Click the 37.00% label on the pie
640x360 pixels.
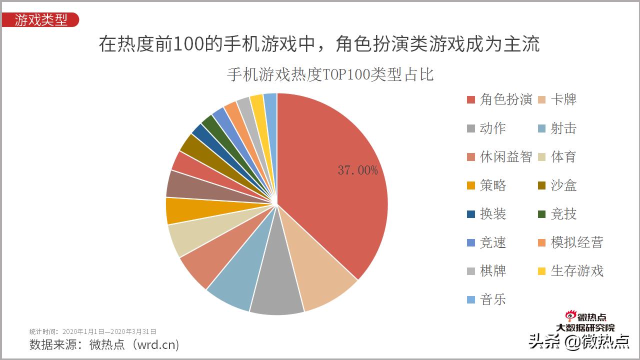pyautogui.click(x=357, y=170)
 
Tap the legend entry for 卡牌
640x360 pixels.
pyautogui.click(x=557, y=99)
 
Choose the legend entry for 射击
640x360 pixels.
pyautogui.click(x=557, y=128)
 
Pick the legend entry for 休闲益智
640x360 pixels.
pyautogui.click(x=499, y=157)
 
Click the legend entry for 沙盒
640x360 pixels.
pyautogui.click(x=557, y=185)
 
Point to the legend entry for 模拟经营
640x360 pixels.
pyautogui.click(x=570, y=242)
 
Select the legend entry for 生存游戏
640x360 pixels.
pyautogui.click(x=570, y=271)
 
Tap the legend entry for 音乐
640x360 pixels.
pyautogui.click(x=486, y=299)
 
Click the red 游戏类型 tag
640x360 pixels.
pyautogui.click(x=40, y=20)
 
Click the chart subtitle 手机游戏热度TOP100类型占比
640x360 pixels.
pyautogui.click(x=330, y=74)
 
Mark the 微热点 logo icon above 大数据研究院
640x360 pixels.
pyautogui.click(x=570, y=316)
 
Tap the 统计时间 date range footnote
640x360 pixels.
pyautogui.click(x=93, y=331)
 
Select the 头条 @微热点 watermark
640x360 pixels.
pyautogui.click(x=579, y=341)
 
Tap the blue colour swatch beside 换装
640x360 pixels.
pyautogui.click(x=470, y=214)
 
